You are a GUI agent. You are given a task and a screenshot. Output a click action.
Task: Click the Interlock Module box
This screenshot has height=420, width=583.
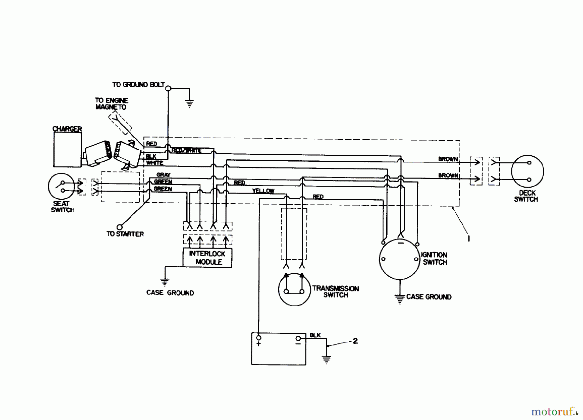click(207, 258)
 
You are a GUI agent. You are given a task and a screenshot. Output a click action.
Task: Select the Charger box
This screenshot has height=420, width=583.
click(67, 150)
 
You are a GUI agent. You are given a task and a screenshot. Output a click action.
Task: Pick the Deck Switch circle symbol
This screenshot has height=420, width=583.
click(527, 172)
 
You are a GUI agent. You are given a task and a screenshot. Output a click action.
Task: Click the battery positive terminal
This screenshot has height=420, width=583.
click(258, 338)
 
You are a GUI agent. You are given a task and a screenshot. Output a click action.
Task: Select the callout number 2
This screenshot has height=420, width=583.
click(355, 341)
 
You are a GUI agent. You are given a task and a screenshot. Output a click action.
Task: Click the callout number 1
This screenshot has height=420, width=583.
click(469, 238)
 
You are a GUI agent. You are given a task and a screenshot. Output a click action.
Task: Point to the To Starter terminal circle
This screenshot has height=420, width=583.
click(120, 227)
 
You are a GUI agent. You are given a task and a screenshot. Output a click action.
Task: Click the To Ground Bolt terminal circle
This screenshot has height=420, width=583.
click(168, 88)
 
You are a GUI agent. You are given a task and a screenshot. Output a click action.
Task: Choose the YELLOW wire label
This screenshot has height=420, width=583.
click(263, 191)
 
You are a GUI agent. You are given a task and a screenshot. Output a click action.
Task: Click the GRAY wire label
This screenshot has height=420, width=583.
click(163, 175)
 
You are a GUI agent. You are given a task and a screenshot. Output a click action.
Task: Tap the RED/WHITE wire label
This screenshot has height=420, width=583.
click(186, 150)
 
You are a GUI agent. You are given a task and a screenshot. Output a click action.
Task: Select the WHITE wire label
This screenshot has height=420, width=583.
click(154, 163)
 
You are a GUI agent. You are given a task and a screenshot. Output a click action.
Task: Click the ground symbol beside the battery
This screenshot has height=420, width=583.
click(326, 359)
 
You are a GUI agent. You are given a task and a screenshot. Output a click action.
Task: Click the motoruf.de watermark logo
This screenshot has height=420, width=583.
click(555, 412)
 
